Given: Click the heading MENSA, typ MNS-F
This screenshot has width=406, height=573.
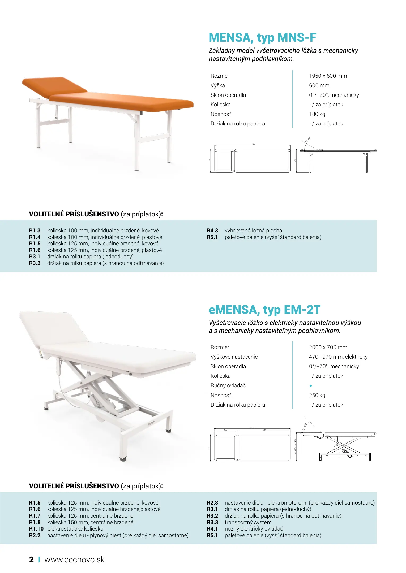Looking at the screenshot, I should point(262,38).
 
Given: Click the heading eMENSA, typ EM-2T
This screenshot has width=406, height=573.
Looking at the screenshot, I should point(264,310).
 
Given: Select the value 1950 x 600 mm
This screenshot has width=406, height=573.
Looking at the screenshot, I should point(328,76).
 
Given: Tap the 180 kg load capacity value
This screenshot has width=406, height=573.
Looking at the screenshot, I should point(317,114).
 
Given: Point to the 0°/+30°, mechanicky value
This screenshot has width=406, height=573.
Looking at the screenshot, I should point(334,95).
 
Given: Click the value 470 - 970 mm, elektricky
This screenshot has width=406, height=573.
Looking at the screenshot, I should point(338,357).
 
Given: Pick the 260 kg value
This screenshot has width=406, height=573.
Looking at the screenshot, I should point(317,395).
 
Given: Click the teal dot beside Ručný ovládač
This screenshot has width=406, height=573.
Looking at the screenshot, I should point(311,386).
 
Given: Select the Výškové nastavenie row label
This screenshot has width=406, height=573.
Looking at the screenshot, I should point(234,357).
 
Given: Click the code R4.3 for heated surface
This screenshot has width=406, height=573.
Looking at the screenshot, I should point(212,231).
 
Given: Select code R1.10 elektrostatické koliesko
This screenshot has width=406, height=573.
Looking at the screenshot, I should point(36,529).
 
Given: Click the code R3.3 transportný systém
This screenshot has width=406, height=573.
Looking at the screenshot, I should point(212,522).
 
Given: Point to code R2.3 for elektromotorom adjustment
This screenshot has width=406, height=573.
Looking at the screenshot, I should point(212,503).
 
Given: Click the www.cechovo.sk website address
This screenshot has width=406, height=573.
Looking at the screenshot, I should point(74,559).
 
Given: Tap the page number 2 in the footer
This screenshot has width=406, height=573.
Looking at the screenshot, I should point(31,559).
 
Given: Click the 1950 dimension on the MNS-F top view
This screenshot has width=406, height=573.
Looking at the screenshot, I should point(253,144).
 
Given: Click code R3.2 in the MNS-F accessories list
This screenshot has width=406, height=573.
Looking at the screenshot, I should point(35,263).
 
